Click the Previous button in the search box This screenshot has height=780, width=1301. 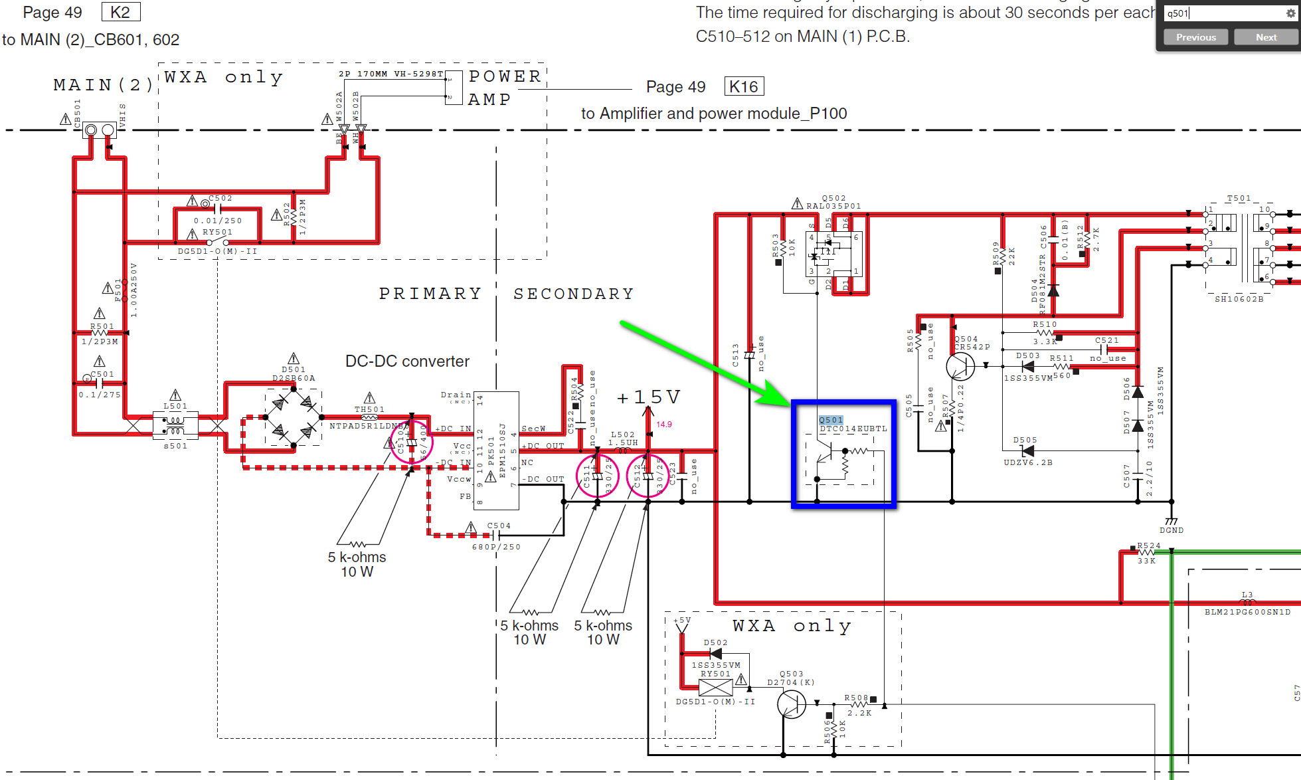click(x=1195, y=37)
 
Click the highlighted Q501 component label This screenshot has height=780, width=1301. click(x=831, y=420)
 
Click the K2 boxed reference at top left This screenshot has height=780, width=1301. click(x=120, y=12)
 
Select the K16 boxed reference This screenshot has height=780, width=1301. click(x=743, y=86)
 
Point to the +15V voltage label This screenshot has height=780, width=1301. click(x=648, y=397)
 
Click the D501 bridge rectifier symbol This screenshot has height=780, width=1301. click(x=293, y=418)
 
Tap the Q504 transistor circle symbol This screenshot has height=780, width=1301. click(x=960, y=366)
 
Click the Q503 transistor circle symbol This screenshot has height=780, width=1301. click(x=792, y=704)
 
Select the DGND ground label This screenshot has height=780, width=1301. click(x=1171, y=530)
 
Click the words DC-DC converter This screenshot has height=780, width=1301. click(x=407, y=361)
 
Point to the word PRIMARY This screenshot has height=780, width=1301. click(x=430, y=294)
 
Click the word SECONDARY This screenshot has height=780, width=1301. click(x=574, y=294)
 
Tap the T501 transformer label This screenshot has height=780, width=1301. click(x=1239, y=198)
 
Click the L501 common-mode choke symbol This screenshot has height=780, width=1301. click(x=175, y=425)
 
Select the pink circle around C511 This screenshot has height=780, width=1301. click(x=597, y=476)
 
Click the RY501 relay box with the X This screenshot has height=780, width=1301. click(x=716, y=688)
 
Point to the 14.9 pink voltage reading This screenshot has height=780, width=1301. click(x=664, y=424)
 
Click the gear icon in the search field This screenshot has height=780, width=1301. click(x=1290, y=13)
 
